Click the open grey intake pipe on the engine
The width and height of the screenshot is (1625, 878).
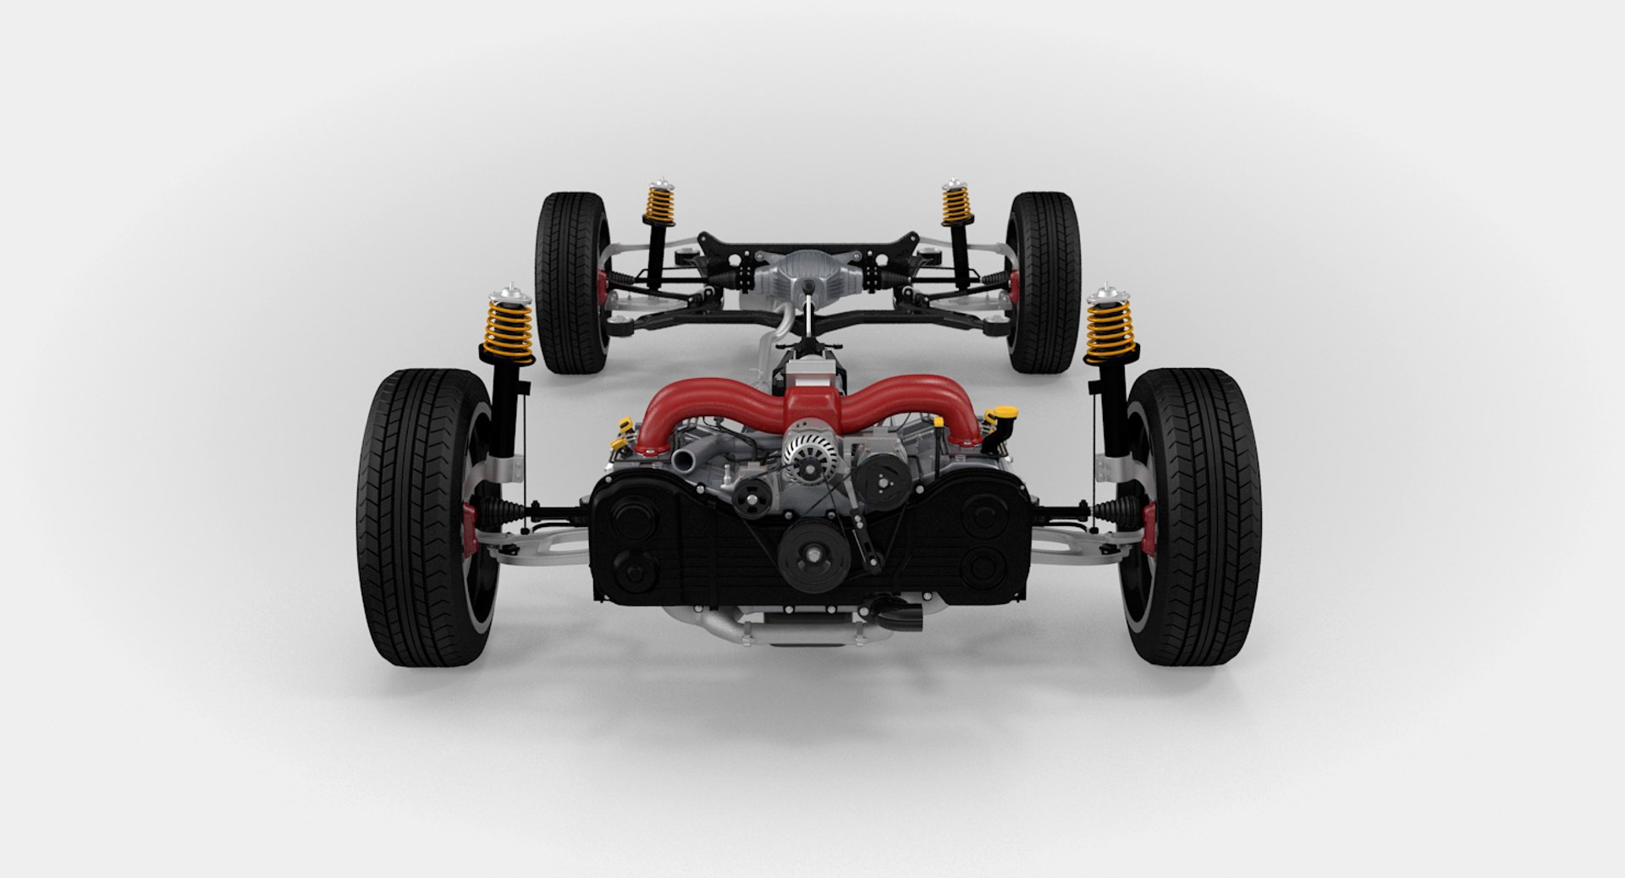click(x=684, y=458)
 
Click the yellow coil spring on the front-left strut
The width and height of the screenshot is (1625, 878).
click(x=508, y=326)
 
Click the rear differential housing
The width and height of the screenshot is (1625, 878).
click(x=808, y=271)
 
